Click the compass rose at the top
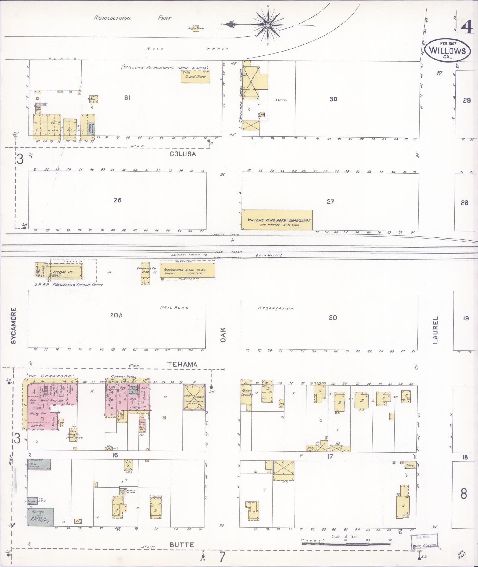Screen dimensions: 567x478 click(268, 25)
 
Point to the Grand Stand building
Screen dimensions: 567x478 click(195, 76)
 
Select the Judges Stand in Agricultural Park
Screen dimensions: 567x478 click(196, 28)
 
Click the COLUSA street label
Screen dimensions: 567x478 click(183, 154)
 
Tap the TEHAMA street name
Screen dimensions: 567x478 click(183, 365)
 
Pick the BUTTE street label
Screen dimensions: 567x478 click(182, 545)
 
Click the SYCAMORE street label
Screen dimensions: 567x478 click(13, 326)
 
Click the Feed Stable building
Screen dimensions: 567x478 click(194, 397)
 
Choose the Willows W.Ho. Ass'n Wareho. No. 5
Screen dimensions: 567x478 click(277, 220)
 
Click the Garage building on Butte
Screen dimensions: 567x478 click(40, 517)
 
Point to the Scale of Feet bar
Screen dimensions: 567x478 click(346, 544)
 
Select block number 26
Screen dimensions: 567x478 click(117, 200)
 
